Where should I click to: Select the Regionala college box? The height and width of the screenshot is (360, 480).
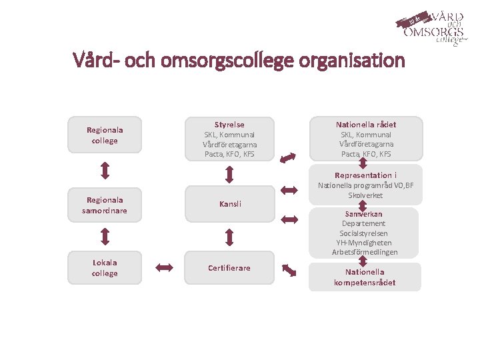click(x=105, y=135)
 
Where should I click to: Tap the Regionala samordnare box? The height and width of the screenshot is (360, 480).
click(x=105, y=205)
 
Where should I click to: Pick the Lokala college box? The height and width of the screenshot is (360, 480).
click(x=105, y=268)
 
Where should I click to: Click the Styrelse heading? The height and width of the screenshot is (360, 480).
click(x=229, y=125)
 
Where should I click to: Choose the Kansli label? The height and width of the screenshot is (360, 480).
click(x=230, y=203)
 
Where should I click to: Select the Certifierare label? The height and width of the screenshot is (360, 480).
click(x=229, y=268)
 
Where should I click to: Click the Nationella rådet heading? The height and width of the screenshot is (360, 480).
click(x=366, y=125)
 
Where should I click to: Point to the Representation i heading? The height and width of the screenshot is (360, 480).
click(x=366, y=175)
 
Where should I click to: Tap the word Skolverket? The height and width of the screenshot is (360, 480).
click(x=365, y=195)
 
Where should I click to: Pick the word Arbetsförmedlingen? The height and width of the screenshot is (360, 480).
click(x=365, y=252)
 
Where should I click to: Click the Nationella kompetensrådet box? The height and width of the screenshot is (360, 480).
click(x=365, y=277)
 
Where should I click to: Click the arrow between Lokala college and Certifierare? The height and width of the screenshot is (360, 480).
click(x=164, y=268)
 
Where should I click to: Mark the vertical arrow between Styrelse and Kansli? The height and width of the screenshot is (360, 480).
click(x=229, y=174)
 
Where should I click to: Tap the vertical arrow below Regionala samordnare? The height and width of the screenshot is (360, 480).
click(x=105, y=236)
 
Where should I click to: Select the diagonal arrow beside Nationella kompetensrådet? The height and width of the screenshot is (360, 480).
click(x=289, y=270)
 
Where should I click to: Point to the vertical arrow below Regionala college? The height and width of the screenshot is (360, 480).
click(x=105, y=171)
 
